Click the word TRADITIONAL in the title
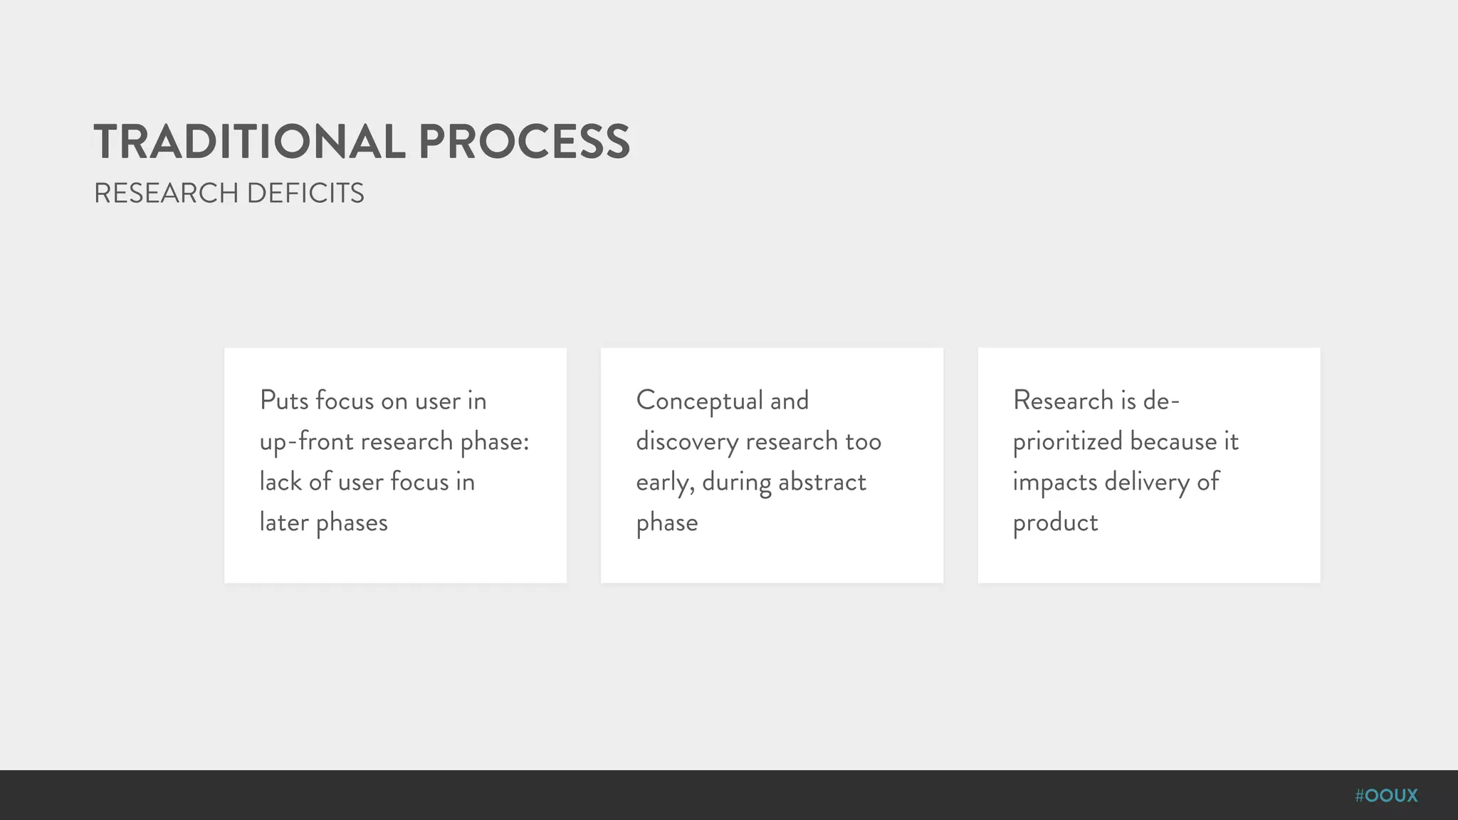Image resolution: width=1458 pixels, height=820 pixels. click(x=249, y=142)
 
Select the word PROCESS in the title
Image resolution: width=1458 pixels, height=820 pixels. click(x=524, y=142)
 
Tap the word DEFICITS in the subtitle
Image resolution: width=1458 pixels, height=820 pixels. click(x=305, y=194)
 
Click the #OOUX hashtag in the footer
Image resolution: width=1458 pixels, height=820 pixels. click(x=1386, y=795)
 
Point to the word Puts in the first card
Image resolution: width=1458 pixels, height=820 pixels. click(x=283, y=401)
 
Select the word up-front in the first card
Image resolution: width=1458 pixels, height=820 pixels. click(x=305, y=442)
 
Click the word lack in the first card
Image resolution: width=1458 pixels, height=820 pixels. click(x=280, y=482)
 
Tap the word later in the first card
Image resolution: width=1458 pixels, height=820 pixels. click(x=283, y=522)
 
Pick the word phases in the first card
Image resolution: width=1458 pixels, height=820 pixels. click(x=352, y=523)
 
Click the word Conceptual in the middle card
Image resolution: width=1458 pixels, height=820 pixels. click(x=699, y=401)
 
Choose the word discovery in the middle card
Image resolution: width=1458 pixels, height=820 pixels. click(x=687, y=442)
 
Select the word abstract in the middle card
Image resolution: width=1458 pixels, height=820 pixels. click(x=822, y=482)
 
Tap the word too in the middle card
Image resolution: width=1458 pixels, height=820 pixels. click(x=863, y=441)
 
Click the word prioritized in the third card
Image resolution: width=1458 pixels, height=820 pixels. click(x=1067, y=442)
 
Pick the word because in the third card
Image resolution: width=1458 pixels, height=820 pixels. click(x=1173, y=441)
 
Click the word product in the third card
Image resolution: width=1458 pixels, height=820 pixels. click(x=1055, y=523)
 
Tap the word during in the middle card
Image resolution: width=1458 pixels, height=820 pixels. click(x=736, y=483)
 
